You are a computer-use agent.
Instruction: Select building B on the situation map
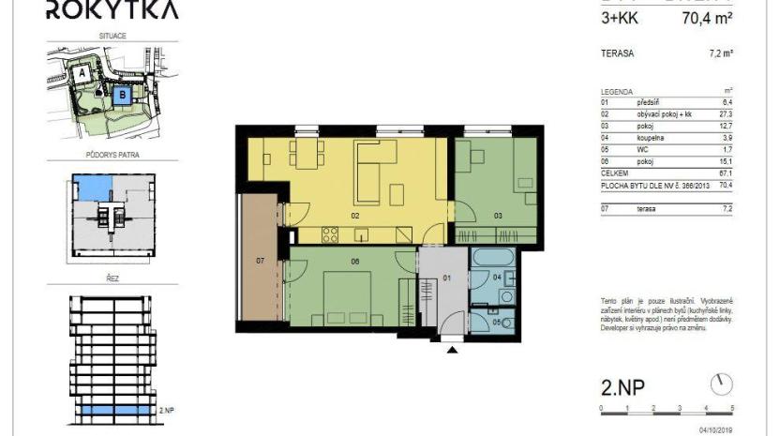(119, 95)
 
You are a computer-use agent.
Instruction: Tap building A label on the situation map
(83, 71)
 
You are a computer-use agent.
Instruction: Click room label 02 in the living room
(355, 215)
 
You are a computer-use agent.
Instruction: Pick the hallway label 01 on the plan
(446, 277)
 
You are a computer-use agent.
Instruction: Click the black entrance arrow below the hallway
(453, 350)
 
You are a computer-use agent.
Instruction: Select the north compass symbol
(721, 383)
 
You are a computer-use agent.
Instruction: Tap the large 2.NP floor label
(623, 386)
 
